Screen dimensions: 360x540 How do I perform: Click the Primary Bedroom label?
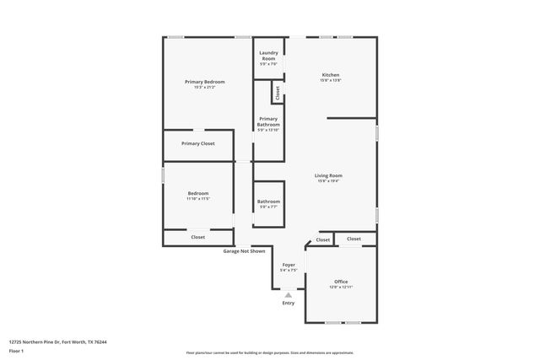pyautogui.click(x=204, y=82)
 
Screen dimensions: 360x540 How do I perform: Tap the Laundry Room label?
pyautogui.click(x=268, y=56)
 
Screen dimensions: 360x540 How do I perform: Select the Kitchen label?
pyautogui.click(x=331, y=75)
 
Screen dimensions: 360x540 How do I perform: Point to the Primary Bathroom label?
pyautogui.click(x=268, y=121)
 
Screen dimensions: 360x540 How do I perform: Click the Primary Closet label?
pyautogui.click(x=198, y=143)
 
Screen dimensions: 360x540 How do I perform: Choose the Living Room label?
pyautogui.click(x=329, y=175)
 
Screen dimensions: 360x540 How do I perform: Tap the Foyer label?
pyautogui.click(x=289, y=264)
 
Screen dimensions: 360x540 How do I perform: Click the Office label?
pyautogui.click(x=341, y=282)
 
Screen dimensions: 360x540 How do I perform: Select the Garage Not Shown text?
pyautogui.click(x=244, y=251)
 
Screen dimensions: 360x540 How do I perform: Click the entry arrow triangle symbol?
pyautogui.click(x=289, y=295)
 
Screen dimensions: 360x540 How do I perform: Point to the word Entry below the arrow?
pyautogui.click(x=289, y=304)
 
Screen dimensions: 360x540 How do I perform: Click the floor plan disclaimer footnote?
pyautogui.click(x=270, y=353)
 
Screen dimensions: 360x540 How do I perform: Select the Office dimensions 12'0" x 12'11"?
pyautogui.click(x=341, y=287)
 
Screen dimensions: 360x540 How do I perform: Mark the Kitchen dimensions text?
pyautogui.click(x=331, y=81)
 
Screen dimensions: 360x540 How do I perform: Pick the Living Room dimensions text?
pyautogui.click(x=329, y=181)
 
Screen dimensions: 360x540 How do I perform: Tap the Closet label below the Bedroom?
pyautogui.click(x=198, y=237)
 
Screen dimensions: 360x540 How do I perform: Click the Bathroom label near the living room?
pyautogui.click(x=268, y=201)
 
